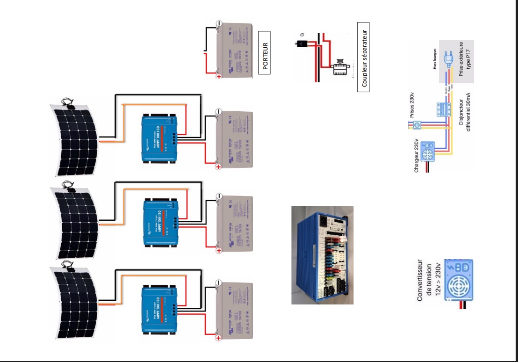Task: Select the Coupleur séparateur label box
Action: (x=363, y=57)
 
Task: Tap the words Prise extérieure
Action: (x=461, y=61)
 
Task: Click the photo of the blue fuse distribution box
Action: (x=322, y=255)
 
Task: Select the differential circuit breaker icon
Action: (x=442, y=110)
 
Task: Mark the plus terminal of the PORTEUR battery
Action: (x=218, y=76)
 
